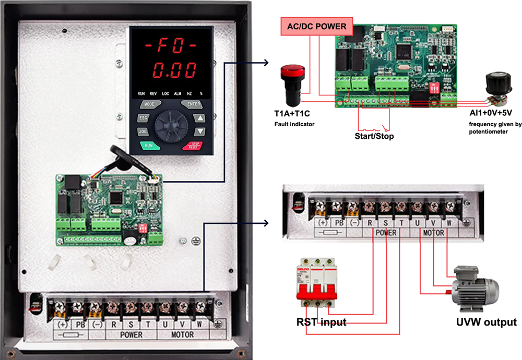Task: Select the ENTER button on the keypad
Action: (193, 104)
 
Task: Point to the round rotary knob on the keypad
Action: (171, 125)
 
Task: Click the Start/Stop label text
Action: (371, 136)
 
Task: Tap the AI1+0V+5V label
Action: (490, 113)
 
